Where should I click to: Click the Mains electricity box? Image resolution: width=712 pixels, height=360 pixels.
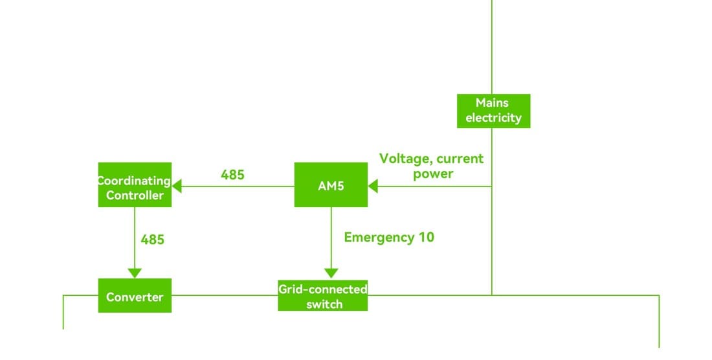tap(493, 111)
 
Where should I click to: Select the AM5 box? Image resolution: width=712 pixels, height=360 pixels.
tap(331, 185)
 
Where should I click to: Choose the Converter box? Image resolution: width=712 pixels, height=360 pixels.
tap(135, 296)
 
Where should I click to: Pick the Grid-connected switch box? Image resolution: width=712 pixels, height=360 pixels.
tap(323, 296)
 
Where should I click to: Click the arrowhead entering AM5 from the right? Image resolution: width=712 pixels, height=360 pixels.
tap(373, 186)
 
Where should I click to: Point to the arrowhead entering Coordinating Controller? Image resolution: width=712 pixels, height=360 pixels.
tap(177, 186)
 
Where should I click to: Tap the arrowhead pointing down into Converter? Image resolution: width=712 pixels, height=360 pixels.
tap(135, 273)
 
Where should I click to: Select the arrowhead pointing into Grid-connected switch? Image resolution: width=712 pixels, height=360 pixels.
tap(331, 273)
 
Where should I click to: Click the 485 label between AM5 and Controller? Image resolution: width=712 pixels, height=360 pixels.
tap(232, 175)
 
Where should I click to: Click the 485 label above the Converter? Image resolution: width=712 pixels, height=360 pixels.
tap(153, 240)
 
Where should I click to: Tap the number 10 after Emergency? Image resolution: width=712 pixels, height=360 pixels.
tap(426, 238)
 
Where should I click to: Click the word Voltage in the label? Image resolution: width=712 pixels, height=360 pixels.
tap(404, 159)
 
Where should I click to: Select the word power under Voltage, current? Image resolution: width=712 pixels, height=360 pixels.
tap(433, 174)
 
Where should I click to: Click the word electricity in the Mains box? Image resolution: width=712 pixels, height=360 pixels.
tap(493, 118)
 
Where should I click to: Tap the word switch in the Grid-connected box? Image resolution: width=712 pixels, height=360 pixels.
tap(324, 304)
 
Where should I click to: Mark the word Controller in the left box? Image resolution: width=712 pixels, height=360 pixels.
tap(135, 195)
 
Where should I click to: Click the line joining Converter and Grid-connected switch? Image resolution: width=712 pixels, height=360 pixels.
tap(225, 295)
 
